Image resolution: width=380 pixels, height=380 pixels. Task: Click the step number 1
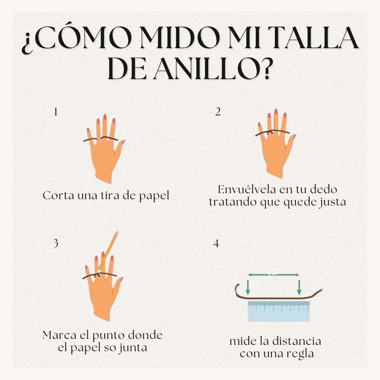tap(55, 112)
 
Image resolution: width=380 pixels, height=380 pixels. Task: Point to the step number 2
tap(218, 112)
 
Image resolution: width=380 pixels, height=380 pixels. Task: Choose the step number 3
tap(56, 243)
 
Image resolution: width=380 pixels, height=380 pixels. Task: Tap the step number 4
tap(216, 243)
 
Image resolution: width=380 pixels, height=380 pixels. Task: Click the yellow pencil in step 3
tap(109, 250)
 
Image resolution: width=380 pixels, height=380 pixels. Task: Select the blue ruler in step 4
tap(279, 311)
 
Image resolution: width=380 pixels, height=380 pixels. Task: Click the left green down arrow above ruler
tap(248, 287)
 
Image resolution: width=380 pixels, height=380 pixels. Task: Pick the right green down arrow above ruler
tap(299, 287)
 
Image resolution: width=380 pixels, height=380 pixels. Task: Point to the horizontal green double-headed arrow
tap(273, 274)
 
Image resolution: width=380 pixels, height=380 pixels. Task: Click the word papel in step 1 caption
tap(154, 196)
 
